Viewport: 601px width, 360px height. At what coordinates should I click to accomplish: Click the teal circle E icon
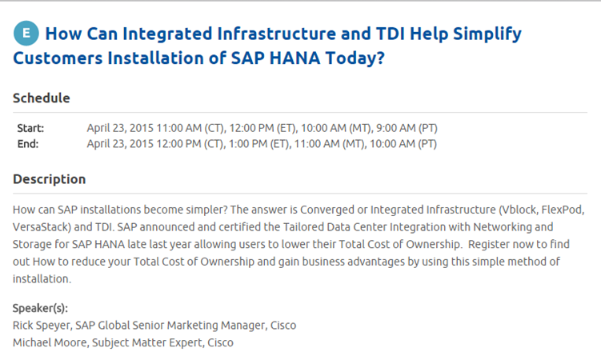(26, 34)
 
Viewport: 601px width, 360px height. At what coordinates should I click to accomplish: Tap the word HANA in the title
(294, 58)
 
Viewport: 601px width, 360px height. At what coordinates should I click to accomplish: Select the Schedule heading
(42, 98)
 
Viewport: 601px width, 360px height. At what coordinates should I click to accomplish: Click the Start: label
(30, 128)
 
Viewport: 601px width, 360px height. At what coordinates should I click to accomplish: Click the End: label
(27, 144)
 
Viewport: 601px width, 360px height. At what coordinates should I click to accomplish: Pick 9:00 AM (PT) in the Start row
(407, 128)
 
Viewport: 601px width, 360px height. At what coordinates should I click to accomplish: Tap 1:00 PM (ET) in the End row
(258, 144)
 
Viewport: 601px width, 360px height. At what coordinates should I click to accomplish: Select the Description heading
(49, 179)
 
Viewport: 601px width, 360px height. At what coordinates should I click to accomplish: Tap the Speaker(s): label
(40, 308)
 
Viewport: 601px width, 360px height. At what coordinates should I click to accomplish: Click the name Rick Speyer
(42, 326)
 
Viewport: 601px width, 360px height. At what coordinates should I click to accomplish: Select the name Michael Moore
(50, 342)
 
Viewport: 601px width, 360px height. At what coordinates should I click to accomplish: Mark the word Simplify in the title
(487, 34)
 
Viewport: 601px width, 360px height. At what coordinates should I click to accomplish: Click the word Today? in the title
(355, 58)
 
